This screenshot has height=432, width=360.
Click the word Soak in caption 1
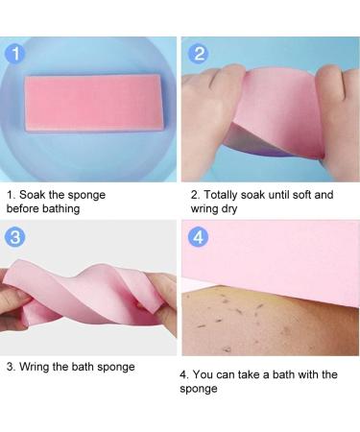(35, 195)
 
